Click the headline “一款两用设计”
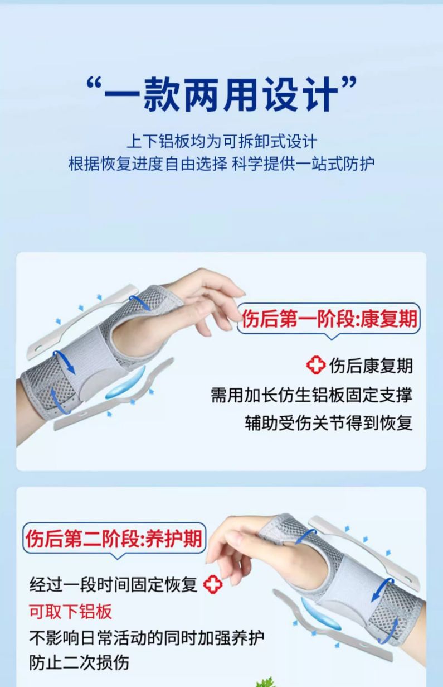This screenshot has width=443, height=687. coord(221,94)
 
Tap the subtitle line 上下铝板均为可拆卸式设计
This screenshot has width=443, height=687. coord(221,141)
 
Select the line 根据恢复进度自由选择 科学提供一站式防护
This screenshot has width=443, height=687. coord(221,164)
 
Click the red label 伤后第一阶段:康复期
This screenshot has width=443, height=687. coord(329,319)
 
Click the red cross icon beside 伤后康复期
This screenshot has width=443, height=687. coord(316,366)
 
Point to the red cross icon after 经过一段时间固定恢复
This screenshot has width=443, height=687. coord(212,585)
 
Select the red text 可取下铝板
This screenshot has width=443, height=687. coord(71,611)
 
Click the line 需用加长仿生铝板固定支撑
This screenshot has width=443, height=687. coord(311,395)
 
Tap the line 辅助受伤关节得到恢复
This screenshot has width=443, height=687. coord(329,422)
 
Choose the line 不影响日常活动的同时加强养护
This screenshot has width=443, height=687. coord(147,637)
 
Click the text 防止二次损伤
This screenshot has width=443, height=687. coord(79,662)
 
